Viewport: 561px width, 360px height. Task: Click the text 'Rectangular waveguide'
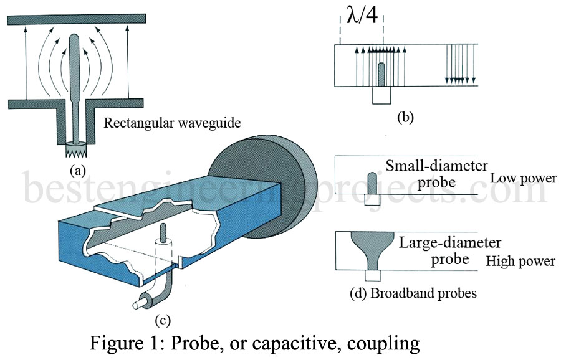point(171,123)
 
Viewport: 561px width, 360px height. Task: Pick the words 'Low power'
point(523,178)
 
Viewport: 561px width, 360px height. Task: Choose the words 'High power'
point(520,261)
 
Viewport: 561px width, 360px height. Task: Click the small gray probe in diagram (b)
point(381,74)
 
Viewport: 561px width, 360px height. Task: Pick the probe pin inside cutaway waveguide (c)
point(165,234)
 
